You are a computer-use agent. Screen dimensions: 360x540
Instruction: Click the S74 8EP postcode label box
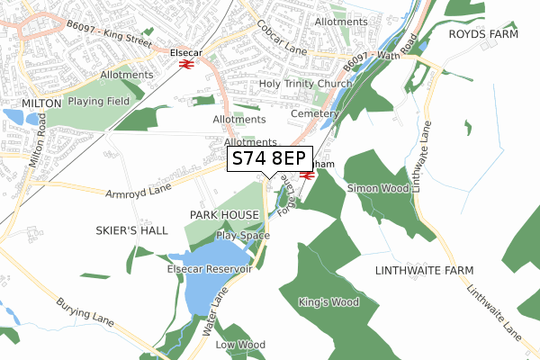click(x=269, y=158)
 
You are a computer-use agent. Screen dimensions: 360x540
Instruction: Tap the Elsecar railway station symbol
click(x=185, y=64)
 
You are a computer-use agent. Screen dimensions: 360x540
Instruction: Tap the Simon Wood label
click(x=378, y=188)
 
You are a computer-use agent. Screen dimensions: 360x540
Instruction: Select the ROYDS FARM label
click(x=485, y=33)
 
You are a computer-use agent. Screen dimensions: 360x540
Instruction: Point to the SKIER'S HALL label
click(x=132, y=230)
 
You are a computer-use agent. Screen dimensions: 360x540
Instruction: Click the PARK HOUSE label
click(x=224, y=214)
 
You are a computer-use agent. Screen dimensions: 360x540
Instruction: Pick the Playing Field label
click(x=99, y=102)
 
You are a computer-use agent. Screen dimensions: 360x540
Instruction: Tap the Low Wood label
click(x=239, y=345)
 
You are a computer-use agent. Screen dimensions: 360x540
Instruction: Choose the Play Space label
click(x=243, y=236)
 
